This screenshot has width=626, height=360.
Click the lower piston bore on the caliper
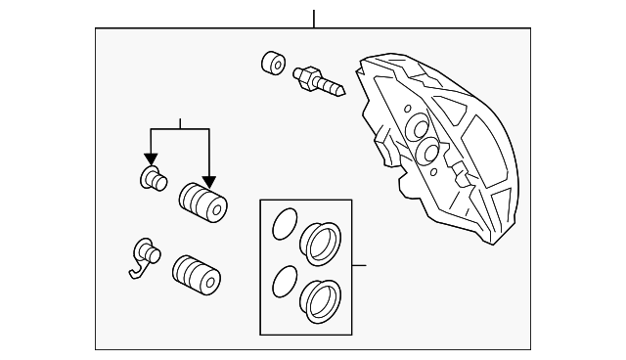coord(428,153)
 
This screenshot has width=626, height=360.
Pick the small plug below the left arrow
coord(152,179)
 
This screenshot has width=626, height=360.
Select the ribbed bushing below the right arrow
coord(201,203)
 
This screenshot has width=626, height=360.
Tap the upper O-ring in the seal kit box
coord(284,224)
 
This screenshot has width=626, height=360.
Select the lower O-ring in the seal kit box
coord(284,282)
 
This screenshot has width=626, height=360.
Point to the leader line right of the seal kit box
coord(359,265)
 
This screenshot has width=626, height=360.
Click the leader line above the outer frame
coord(313,18)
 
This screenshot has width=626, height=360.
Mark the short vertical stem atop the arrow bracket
coord(180,122)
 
